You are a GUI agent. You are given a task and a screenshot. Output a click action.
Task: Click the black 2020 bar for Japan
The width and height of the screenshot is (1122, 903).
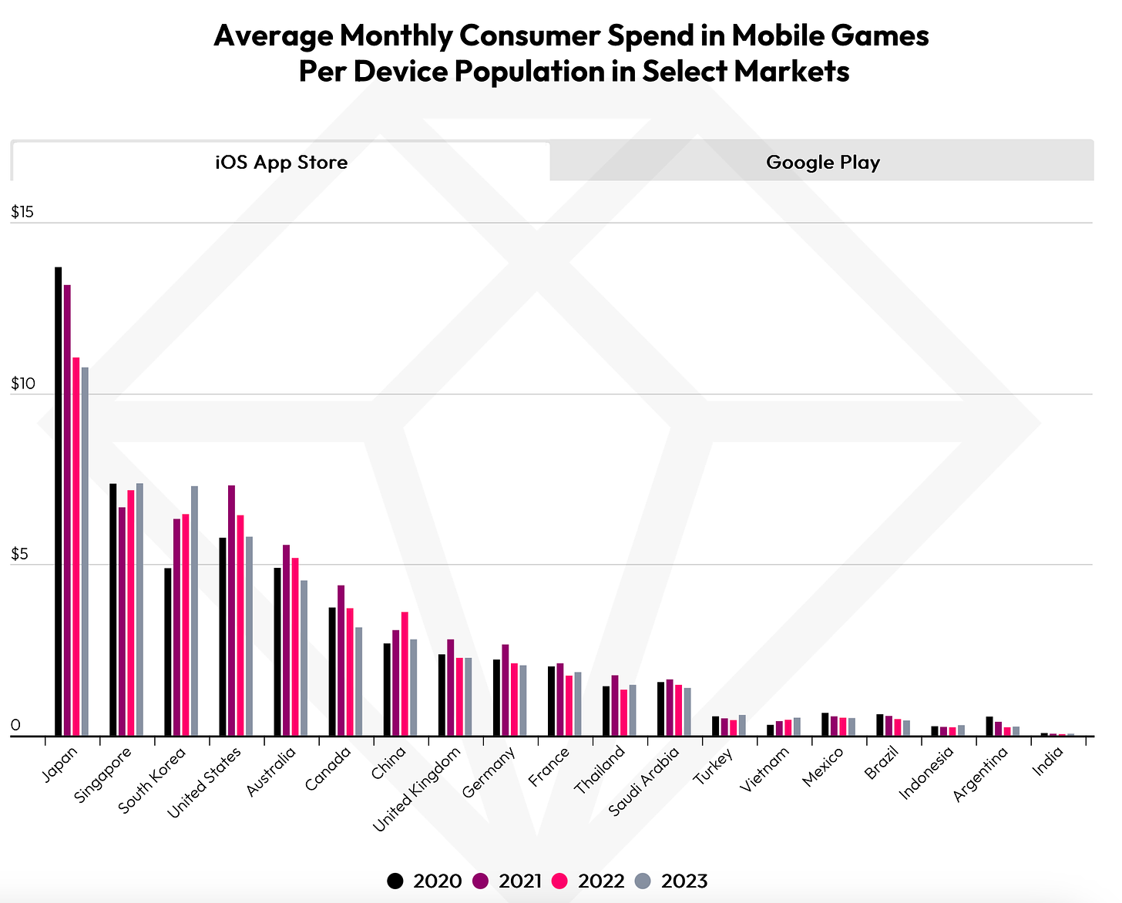pyautogui.click(x=58, y=501)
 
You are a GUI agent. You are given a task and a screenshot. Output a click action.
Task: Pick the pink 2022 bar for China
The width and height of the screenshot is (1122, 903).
pyautogui.click(x=405, y=674)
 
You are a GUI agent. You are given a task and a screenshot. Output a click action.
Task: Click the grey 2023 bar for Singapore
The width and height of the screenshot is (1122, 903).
pyautogui.click(x=139, y=609)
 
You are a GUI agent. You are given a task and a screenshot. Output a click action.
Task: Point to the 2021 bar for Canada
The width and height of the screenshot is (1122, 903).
pyautogui.click(x=341, y=660)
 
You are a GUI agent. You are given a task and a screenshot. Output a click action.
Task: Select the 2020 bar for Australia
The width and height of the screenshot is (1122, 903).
pyautogui.click(x=277, y=652)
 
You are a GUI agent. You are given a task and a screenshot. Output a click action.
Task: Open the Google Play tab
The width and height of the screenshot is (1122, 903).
pyautogui.click(x=822, y=162)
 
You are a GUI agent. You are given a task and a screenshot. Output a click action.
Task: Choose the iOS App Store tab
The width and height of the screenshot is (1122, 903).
pyautogui.click(x=281, y=162)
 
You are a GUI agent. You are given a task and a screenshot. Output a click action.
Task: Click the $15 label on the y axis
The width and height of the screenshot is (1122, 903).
pyautogui.click(x=22, y=213)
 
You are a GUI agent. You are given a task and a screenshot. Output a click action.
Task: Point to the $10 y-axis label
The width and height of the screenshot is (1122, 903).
pyautogui.click(x=22, y=384)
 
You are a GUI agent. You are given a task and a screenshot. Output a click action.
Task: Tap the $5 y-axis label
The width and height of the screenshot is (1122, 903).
pyautogui.click(x=20, y=555)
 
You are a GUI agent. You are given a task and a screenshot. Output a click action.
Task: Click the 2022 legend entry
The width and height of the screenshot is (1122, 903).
pyautogui.click(x=590, y=881)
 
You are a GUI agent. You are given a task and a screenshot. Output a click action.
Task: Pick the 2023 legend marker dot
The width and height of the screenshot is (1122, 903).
pyautogui.click(x=643, y=881)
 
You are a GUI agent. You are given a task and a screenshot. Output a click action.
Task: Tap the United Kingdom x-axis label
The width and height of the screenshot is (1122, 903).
pyautogui.click(x=417, y=789)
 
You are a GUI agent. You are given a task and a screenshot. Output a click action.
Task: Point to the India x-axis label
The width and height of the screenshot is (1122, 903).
pyautogui.click(x=1049, y=764)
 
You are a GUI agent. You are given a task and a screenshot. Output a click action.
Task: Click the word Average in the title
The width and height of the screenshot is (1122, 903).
pyautogui.click(x=270, y=35)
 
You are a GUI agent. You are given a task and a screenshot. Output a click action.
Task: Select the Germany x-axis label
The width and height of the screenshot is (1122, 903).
pyautogui.click(x=489, y=773)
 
